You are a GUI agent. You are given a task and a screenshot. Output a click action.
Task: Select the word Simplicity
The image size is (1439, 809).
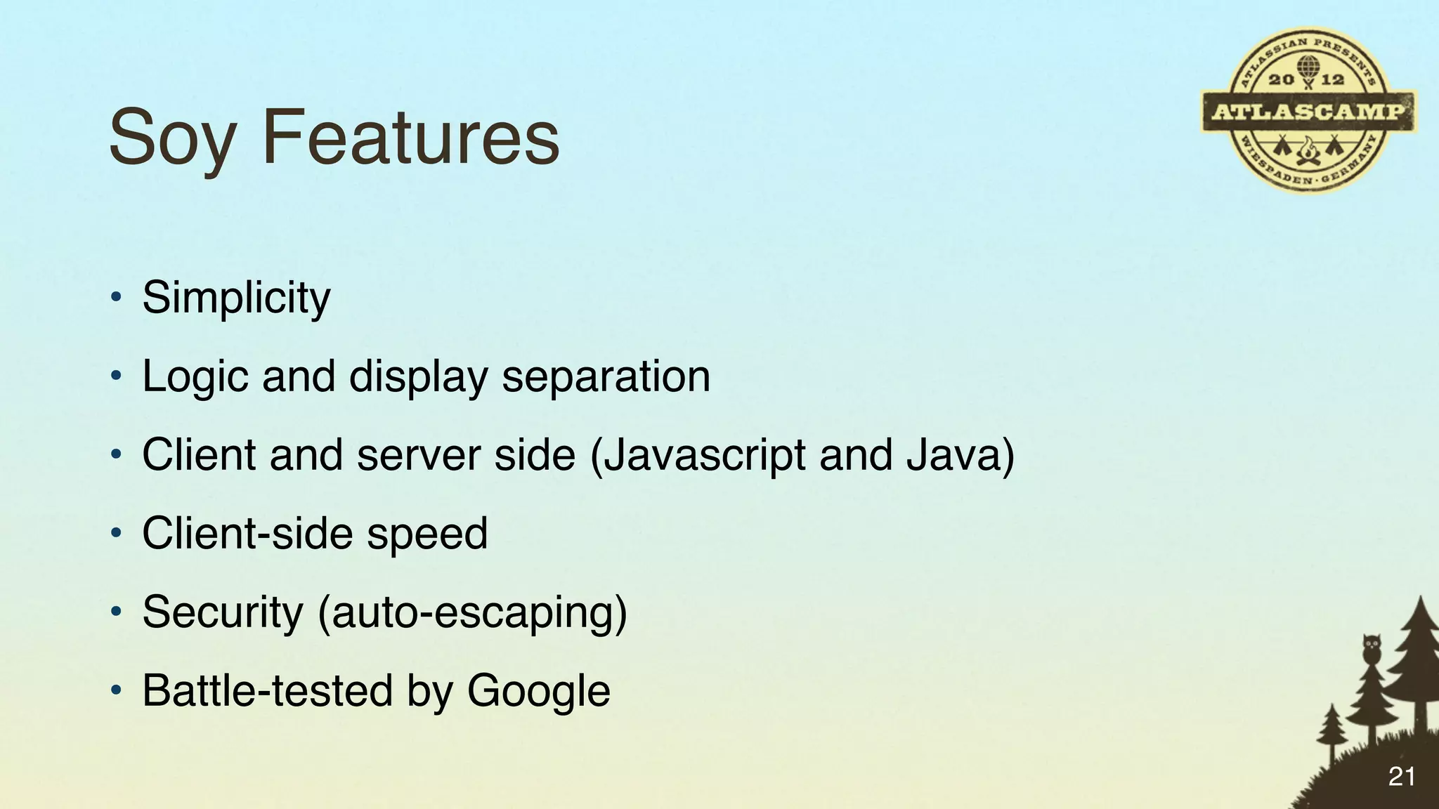[236, 298]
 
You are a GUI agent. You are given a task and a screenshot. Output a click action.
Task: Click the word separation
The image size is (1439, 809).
[606, 376]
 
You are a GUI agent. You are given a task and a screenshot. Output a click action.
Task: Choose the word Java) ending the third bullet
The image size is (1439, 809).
[960, 455]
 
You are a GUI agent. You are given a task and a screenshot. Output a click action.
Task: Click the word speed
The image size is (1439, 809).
[427, 534]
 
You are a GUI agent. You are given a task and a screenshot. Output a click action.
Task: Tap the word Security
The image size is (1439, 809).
[222, 612]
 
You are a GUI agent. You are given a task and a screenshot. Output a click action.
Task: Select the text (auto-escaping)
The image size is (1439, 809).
[472, 612]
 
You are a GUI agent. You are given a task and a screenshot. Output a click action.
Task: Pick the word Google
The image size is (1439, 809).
[538, 691]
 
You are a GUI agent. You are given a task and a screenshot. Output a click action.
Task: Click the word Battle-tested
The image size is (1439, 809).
[268, 691]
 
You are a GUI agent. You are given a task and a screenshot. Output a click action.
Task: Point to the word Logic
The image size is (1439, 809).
[195, 376]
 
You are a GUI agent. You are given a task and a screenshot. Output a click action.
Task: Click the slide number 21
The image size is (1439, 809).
[1401, 777]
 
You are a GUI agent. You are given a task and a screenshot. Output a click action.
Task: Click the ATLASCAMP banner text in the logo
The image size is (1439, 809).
[1308, 112]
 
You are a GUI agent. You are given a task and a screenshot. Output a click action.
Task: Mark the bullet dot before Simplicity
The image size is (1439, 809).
[117, 298]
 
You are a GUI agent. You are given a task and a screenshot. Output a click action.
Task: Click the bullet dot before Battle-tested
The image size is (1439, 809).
[117, 691]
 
